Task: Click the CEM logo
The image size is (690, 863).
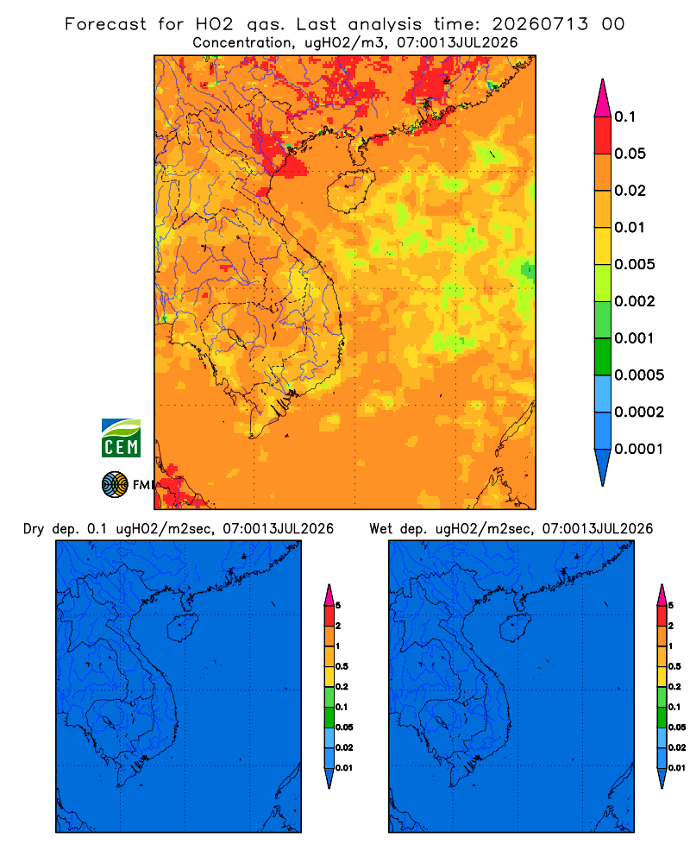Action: tap(121, 438)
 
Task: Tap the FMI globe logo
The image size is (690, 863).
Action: tap(115, 485)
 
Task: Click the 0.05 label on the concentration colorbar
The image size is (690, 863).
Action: tap(630, 154)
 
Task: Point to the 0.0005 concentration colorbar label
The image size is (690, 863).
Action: tap(639, 375)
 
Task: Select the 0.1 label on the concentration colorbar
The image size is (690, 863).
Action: tap(625, 117)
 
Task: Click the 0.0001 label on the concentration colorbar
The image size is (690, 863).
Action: tap(639, 449)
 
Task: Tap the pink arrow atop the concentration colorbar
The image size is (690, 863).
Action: tap(603, 98)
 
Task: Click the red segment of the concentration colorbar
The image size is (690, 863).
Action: tap(603, 135)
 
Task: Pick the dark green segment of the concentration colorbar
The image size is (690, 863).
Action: tap(603, 356)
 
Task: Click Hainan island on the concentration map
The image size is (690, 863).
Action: tap(350, 191)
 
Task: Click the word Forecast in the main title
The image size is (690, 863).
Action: tap(105, 24)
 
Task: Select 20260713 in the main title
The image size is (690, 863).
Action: tap(540, 24)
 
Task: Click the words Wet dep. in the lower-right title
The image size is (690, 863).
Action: tap(398, 529)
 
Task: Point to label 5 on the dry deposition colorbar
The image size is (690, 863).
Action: tap(338, 606)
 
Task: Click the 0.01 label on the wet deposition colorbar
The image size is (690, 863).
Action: tap(677, 768)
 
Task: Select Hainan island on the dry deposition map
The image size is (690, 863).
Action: tap(182, 628)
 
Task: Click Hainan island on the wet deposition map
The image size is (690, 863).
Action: tap(515, 628)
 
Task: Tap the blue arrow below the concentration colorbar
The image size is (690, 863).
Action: tap(603, 467)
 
